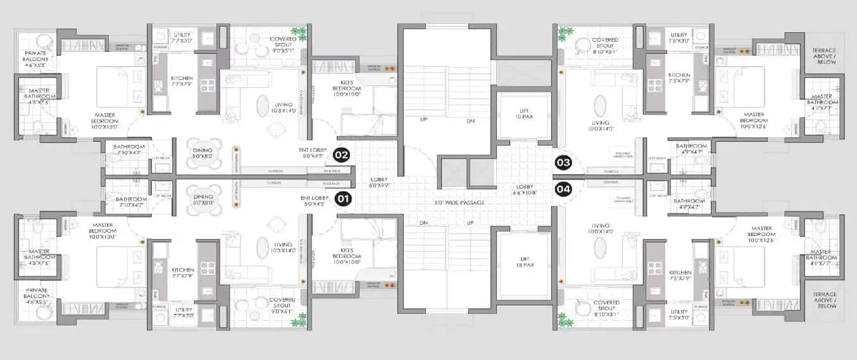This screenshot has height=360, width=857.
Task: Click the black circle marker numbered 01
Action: click(342, 199)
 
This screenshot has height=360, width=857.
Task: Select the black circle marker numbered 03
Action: click(563, 163)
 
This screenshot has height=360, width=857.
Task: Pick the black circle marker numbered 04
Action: click(563, 188)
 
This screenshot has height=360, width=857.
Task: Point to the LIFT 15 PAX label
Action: click(525, 261)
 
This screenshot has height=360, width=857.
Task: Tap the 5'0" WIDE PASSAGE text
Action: click(460, 202)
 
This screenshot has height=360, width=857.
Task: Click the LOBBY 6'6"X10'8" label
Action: click(524, 190)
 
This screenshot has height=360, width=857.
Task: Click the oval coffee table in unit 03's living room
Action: click(599, 105)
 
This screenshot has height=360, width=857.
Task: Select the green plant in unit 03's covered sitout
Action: click(563, 34)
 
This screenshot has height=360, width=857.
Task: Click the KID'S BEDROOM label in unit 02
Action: click(346, 92)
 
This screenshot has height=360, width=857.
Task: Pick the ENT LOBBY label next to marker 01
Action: click(313, 201)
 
